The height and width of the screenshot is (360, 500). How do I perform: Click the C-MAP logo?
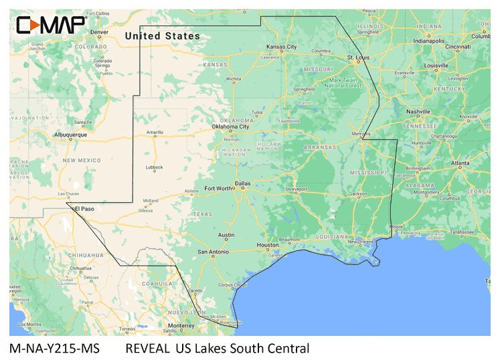pos(50,25)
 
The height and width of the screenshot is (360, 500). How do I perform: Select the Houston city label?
pos(267,245)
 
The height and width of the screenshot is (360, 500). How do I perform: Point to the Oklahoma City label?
pos(230,126)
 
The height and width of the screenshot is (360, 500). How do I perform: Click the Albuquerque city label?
pos(70,134)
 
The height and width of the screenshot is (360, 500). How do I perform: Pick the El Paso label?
pos(84,209)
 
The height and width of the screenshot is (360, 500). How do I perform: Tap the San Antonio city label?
pos(214,252)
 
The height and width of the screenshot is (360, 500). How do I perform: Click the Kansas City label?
pos(282,47)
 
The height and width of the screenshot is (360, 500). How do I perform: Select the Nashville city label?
pos(418,111)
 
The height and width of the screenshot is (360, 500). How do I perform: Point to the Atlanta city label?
pos(460,163)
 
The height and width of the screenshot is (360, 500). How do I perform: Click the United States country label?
pos(163,35)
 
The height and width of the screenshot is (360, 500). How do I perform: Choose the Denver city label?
pos(99,31)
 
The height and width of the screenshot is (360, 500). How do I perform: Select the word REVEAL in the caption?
pos(147,348)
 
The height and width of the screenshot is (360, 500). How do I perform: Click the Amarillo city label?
pos(155,132)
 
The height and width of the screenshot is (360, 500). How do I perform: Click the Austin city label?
pos(226,235)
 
